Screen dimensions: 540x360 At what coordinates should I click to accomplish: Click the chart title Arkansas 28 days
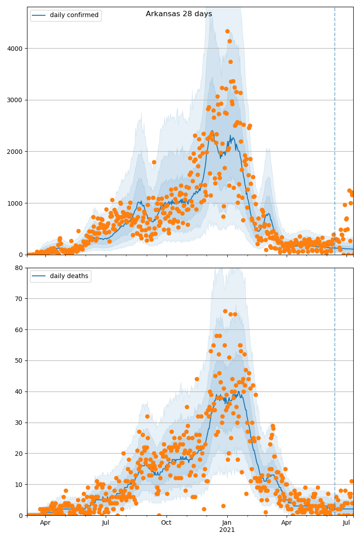179,14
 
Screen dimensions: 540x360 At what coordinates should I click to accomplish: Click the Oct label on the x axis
166,522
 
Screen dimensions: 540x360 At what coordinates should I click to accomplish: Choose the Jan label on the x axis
227,522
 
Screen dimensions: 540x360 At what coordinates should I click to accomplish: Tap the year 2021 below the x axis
227,530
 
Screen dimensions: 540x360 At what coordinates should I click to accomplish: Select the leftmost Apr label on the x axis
45,522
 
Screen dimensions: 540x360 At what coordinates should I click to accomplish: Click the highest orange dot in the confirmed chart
227,31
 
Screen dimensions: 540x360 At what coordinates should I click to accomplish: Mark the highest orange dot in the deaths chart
225,311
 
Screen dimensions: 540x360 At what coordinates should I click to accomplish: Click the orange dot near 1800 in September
154,162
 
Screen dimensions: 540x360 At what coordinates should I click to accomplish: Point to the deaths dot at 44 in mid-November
197,379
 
